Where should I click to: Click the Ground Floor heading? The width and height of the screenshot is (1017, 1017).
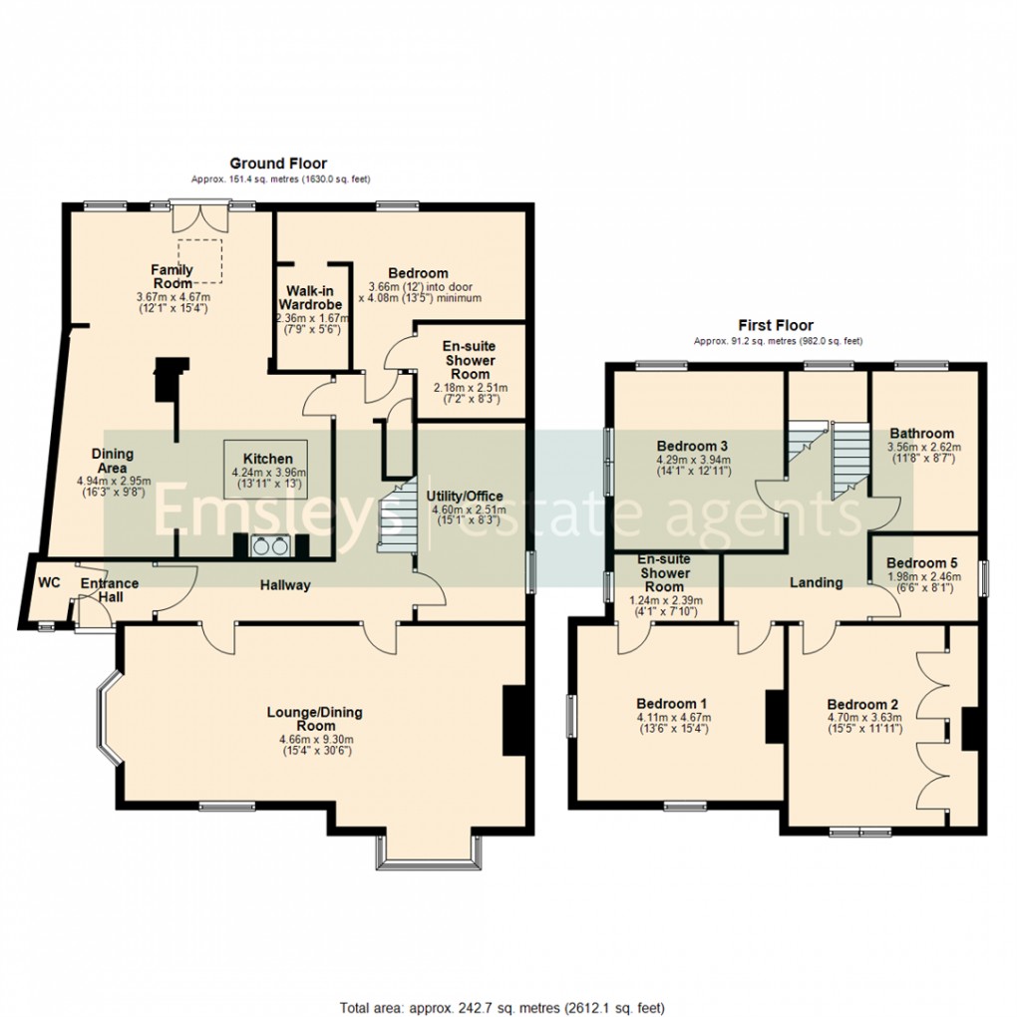click(x=278, y=164)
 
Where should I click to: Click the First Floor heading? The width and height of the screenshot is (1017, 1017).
click(x=775, y=325)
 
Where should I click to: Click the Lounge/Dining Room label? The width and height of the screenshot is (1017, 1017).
click(x=314, y=719)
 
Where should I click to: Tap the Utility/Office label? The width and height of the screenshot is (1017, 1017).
click(x=465, y=496)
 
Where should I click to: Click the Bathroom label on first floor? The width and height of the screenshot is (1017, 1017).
click(x=921, y=434)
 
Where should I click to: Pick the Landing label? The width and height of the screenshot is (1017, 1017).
click(x=816, y=582)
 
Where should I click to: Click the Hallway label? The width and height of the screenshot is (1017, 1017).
click(x=285, y=585)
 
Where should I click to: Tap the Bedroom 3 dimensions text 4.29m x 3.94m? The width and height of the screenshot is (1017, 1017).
click(x=694, y=461)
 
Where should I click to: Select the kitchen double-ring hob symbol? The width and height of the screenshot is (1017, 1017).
click(x=268, y=545)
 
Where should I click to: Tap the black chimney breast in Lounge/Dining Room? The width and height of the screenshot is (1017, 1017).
click(x=513, y=721)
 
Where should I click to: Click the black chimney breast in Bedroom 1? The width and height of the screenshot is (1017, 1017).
click(x=775, y=717)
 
